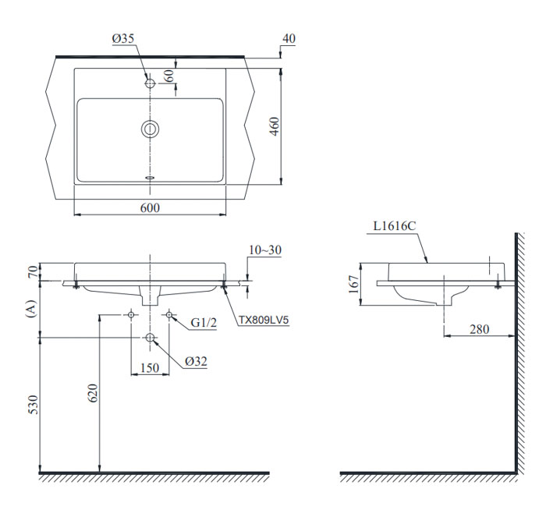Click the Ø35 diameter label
(x=123, y=38)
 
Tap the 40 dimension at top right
(x=289, y=38)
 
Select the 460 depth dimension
(x=274, y=126)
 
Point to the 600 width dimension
(x=150, y=207)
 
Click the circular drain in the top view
(x=150, y=129)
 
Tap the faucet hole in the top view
(x=150, y=82)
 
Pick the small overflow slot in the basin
(x=150, y=177)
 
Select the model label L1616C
(x=395, y=226)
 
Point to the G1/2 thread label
(x=204, y=320)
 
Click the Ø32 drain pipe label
(x=197, y=360)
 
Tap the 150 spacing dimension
(x=150, y=368)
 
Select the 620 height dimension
(x=94, y=395)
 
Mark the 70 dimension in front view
(x=32, y=271)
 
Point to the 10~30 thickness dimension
(x=265, y=250)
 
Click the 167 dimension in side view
(x=353, y=281)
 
